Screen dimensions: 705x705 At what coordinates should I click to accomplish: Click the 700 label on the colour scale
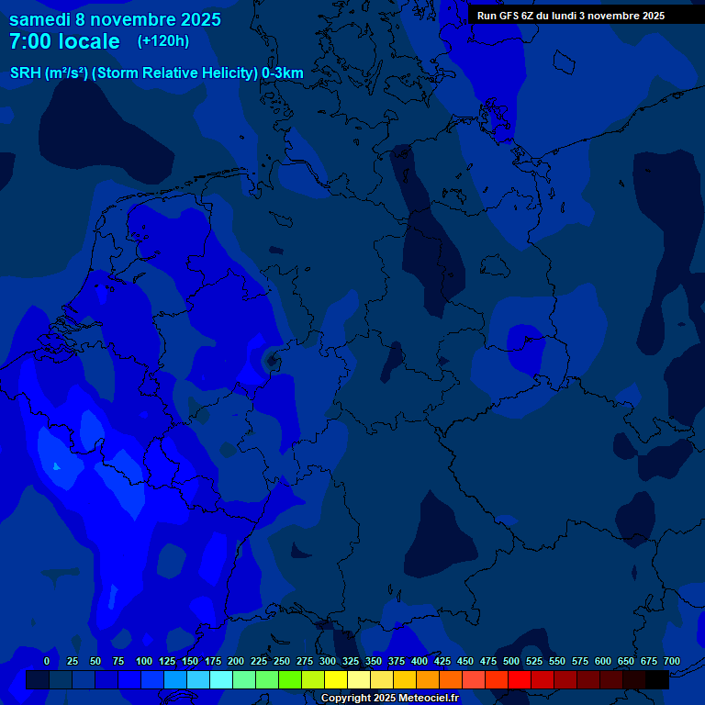tap(672, 661)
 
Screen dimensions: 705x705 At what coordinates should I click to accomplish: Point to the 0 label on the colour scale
tap(47, 661)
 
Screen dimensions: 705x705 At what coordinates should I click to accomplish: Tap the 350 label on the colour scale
tap(374, 661)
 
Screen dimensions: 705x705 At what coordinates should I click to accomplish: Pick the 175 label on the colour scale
tap(213, 661)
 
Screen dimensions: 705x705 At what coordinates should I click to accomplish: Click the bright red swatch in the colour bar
tap(520, 679)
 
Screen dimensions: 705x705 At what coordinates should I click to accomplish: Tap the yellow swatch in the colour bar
tap(336, 679)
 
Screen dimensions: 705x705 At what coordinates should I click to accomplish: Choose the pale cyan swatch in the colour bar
tap(221, 679)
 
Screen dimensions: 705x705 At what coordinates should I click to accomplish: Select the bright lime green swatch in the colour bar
tap(290, 679)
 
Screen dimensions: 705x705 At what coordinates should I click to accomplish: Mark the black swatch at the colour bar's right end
tap(657, 679)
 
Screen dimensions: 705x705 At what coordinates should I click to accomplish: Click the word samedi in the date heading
tap(40, 19)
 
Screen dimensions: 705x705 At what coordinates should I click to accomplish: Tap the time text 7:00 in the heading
tap(29, 41)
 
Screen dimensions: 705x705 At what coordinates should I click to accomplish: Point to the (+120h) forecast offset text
tap(163, 41)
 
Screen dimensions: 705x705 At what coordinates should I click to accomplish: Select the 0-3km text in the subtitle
tap(283, 73)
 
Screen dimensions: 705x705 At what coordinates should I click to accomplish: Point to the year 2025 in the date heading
tap(196, 19)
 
